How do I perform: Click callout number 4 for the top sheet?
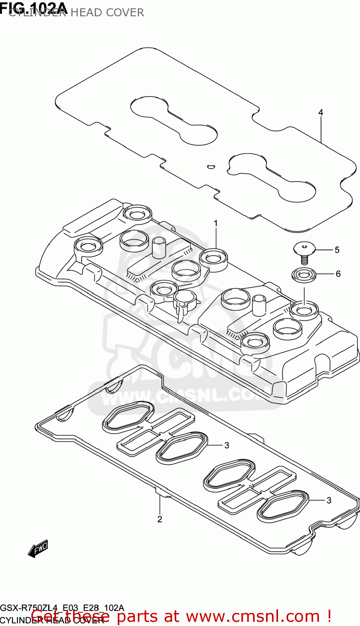pos(321,113)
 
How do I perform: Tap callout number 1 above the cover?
pos(216,224)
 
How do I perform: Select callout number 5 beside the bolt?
pos(337,250)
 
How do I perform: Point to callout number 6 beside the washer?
pos(338,274)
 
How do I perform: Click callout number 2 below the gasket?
pos(160,519)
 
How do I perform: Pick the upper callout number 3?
pos(227,445)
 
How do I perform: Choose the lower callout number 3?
pos(329,500)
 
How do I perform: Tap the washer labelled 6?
pos(304,275)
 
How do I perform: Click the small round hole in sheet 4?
pos(211,167)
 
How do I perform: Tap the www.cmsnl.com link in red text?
pos(253,616)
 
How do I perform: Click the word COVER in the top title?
pos(125,13)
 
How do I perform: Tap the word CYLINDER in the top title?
pos(38,13)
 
